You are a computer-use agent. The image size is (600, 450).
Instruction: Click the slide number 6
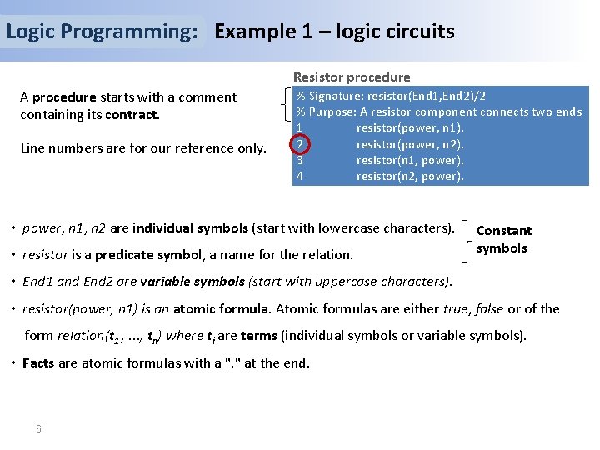38,428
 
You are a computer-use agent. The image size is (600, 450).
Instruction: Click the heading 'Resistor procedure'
351,77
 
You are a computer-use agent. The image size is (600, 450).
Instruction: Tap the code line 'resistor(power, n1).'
410,128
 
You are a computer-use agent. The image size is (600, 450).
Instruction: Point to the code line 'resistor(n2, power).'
410,176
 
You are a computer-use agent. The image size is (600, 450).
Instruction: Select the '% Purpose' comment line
438,112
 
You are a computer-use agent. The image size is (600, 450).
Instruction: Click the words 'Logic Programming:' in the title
102,32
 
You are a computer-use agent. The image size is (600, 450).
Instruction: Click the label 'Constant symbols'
503,239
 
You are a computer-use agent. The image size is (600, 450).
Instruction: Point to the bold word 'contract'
132,114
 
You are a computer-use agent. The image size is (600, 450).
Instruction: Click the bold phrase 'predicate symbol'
142,254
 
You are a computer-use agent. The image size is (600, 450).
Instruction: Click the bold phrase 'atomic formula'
222,308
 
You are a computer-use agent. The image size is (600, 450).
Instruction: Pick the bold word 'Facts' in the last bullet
38,362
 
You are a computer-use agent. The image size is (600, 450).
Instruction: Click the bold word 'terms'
259,336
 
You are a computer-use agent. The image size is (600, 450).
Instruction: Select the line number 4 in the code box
299,176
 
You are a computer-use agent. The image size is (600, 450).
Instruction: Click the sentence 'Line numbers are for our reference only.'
143,148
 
